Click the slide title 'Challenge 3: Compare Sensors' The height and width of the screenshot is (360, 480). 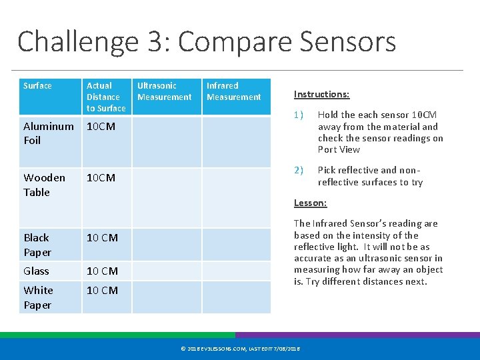[207, 41]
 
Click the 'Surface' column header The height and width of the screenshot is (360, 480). [37, 86]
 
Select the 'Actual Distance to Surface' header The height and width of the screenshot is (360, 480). [105, 97]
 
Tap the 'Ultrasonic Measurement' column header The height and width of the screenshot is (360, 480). [164, 91]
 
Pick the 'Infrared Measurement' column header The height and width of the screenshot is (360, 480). [233, 91]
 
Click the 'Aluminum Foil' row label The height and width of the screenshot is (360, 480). [48, 133]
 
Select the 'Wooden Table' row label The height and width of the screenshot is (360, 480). [44, 185]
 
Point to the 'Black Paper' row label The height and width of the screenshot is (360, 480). [37, 245]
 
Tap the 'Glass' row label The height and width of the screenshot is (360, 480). [36, 271]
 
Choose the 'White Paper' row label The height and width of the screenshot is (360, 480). [38, 297]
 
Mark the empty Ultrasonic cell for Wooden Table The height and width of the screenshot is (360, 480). [167, 197]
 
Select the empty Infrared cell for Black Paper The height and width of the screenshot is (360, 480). [237, 245]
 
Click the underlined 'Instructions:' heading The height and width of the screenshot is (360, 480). [321, 95]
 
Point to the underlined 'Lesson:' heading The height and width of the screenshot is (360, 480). [310, 203]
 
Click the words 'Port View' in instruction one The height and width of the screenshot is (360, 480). [339, 149]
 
